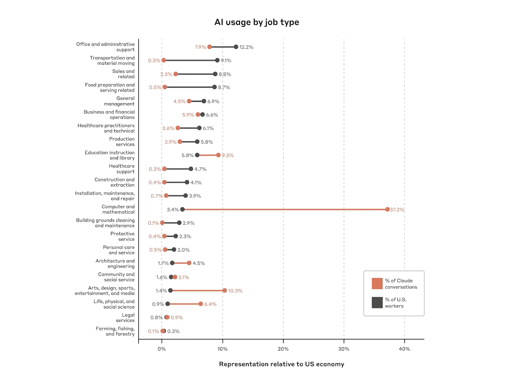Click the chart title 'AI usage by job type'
pyautogui.click(x=256, y=22)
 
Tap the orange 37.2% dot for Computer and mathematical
pyautogui.click(x=387, y=210)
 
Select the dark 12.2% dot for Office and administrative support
pyautogui.click(x=236, y=47)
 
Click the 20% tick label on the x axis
pyautogui.click(x=283, y=349)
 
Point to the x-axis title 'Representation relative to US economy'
pyautogui.click(x=281, y=364)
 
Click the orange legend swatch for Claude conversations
pyautogui.click(x=377, y=283)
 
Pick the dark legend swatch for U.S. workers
pyautogui.click(x=377, y=303)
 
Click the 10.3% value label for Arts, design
pyautogui.click(x=235, y=291)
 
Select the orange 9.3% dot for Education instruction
pyautogui.click(x=218, y=155)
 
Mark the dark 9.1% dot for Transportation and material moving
pyautogui.click(x=217, y=60)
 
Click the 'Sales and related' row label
pyautogui.click(x=123, y=74)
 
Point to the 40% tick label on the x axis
pyautogui.click(x=404, y=349)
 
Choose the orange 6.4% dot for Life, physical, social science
pyautogui.click(x=201, y=304)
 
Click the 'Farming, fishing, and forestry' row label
pyautogui.click(x=115, y=331)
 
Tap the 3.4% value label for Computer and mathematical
pyautogui.click(x=173, y=210)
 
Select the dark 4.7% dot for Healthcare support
pyautogui.click(x=191, y=169)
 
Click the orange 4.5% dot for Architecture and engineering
pyautogui.click(x=189, y=263)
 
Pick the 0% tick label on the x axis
pyautogui.click(x=162, y=349)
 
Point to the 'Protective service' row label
pyautogui.click(x=123, y=236)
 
